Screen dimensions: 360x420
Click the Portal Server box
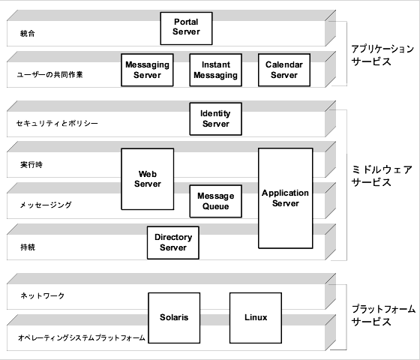click(186, 28)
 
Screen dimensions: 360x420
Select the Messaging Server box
click(147, 70)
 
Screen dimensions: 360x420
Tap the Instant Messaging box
click(214, 70)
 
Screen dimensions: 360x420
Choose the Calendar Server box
click(283, 70)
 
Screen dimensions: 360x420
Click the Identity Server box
click(215, 118)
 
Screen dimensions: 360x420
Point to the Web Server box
click(147, 178)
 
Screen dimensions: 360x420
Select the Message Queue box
click(215, 201)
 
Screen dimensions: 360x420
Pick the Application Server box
click(285, 198)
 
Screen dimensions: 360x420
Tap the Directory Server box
click(172, 242)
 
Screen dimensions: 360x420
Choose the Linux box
click(255, 317)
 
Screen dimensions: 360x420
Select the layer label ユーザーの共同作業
click(49, 75)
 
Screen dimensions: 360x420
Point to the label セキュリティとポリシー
click(56, 123)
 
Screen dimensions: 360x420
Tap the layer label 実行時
click(30, 163)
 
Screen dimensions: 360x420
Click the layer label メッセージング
click(44, 204)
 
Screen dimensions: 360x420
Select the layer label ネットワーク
click(42, 296)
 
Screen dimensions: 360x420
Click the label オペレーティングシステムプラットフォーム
click(81, 337)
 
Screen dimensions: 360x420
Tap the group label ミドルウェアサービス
click(382, 175)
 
